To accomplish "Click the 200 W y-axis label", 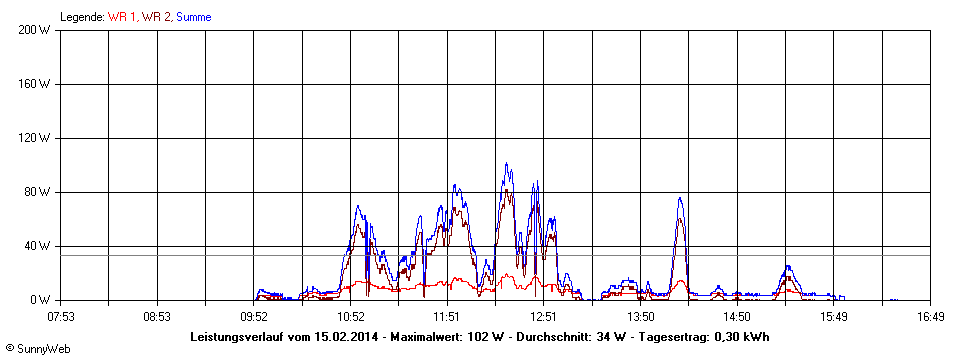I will coord(35,30).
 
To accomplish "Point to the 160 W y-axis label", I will coord(35,84).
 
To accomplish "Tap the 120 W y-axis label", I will coord(35,138).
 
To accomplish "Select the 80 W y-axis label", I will coord(38,192).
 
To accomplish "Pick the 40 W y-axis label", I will coord(38,246).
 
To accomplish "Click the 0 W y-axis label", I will coord(41,300).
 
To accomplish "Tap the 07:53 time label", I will coord(61,316).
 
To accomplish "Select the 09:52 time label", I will coord(254,316).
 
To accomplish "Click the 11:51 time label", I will coord(447,316).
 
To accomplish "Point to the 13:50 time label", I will coord(640,316).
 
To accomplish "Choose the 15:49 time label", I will coord(833,316).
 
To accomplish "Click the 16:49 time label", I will coord(930,316).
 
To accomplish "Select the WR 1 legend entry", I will coord(122,16).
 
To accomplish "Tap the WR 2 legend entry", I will coord(156,16).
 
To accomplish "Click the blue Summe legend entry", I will coord(193,16).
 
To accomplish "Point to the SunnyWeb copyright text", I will coord(37,347).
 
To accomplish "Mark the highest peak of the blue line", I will coord(507,164).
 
